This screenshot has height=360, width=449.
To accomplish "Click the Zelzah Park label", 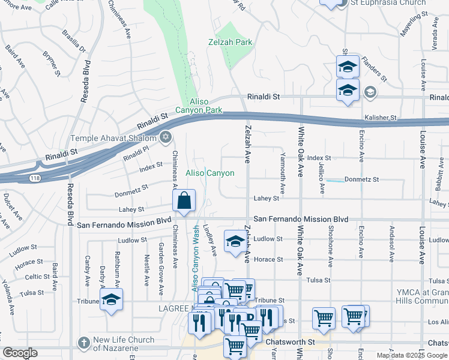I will (231, 43).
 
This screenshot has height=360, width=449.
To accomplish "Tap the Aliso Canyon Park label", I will (199, 106).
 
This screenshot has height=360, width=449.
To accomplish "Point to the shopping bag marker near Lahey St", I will (185, 200).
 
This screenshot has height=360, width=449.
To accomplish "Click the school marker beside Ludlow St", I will (235, 241).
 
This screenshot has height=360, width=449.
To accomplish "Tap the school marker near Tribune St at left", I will (112, 299).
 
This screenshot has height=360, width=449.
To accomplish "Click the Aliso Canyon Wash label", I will (196, 258).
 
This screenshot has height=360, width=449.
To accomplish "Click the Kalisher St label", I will (381, 118).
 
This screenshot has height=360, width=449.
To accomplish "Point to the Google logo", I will (20, 353).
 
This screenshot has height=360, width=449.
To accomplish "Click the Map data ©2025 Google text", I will (412, 355).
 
